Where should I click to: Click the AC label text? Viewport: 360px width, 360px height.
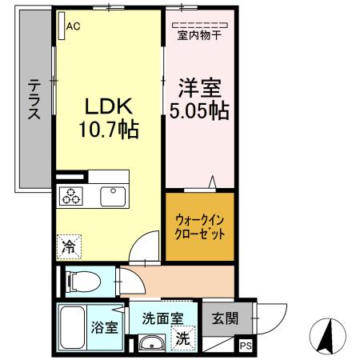pyautogui.click(x=74, y=26)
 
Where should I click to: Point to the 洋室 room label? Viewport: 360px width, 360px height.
pyautogui.click(x=198, y=85)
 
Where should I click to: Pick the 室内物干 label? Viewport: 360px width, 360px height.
pyautogui.click(x=199, y=35)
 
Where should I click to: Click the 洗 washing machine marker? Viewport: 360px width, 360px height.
pyautogui.click(x=183, y=338)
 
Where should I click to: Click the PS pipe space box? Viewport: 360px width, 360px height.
pyautogui.click(x=245, y=346)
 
